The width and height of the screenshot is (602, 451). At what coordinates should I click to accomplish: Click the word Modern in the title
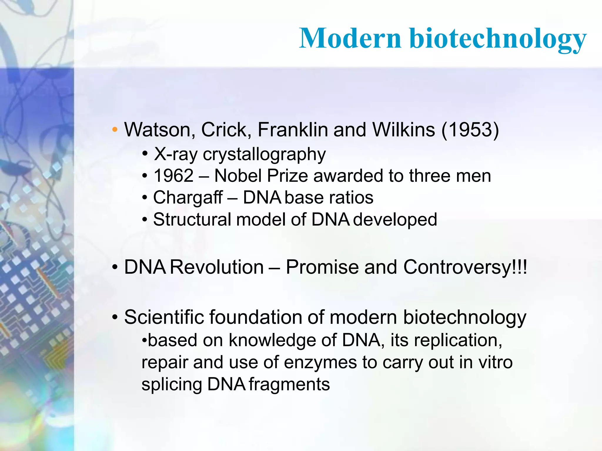coord(350,38)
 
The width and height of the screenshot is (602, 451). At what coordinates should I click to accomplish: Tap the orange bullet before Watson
coord(115,129)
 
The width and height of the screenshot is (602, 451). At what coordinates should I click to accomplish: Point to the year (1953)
coord(470,129)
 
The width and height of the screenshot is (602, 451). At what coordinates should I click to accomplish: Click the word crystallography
coord(264,154)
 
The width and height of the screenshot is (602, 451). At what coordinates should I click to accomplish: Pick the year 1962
coord(173,176)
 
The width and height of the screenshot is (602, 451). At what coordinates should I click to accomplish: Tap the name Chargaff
coord(188,198)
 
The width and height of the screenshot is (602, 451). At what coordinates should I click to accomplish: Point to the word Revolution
coord(217,267)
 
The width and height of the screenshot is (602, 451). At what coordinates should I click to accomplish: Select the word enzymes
coord(320,363)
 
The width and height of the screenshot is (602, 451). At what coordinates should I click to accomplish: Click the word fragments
coord(289,384)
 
